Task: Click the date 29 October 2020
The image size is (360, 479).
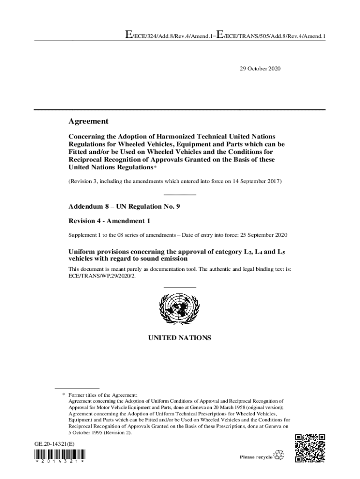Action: (260, 69)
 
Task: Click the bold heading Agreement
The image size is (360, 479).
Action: (88, 122)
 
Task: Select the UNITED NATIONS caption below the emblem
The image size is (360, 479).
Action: (180, 338)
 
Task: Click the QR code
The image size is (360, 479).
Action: (310, 449)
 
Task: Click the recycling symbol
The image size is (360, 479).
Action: (279, 455)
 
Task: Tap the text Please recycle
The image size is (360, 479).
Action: (256, 457)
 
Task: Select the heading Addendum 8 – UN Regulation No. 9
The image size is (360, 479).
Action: (124, 206)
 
